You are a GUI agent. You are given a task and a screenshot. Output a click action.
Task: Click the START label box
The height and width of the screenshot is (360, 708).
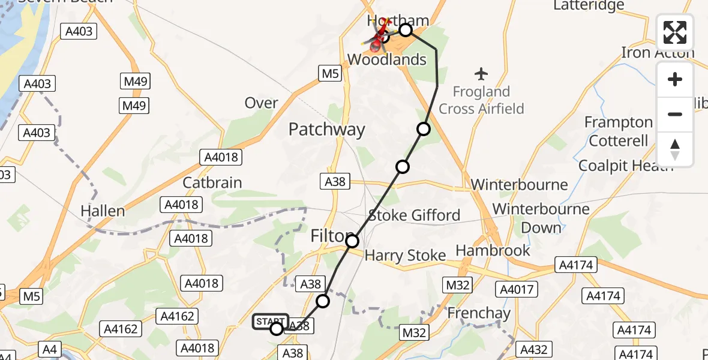click(271, 322)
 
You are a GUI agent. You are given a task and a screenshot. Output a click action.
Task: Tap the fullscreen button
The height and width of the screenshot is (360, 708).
click(675, 32)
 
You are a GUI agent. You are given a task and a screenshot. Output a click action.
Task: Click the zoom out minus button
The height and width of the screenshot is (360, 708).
click(675, 114)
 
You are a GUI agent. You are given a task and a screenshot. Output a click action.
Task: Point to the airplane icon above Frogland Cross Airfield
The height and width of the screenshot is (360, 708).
click(481, 74)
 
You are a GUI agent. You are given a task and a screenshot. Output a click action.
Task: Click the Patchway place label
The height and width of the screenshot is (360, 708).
click(326, 130)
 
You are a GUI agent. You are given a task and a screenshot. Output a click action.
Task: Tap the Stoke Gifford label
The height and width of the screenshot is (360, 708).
click(414, 215)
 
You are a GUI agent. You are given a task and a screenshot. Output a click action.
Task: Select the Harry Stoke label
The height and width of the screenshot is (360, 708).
click(405, 256)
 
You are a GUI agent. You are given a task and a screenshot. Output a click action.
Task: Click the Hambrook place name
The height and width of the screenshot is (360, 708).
click(493, 250)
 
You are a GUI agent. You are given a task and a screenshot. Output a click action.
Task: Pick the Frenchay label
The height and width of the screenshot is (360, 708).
click(479, 313)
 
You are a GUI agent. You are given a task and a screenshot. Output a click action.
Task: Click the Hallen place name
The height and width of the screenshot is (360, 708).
click(103, 211)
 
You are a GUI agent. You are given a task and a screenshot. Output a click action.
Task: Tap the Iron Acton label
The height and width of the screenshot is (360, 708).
click(658, 53)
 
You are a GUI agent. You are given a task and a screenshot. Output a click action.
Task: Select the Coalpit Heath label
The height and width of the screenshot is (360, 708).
click(626, 166)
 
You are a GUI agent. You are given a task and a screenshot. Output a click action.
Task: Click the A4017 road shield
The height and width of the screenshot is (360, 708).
click(516, 290)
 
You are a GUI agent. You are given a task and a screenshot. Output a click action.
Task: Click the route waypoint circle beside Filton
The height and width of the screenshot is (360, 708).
click(352, 241)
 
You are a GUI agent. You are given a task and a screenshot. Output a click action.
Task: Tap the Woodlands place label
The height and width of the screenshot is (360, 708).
click(387, 59)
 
